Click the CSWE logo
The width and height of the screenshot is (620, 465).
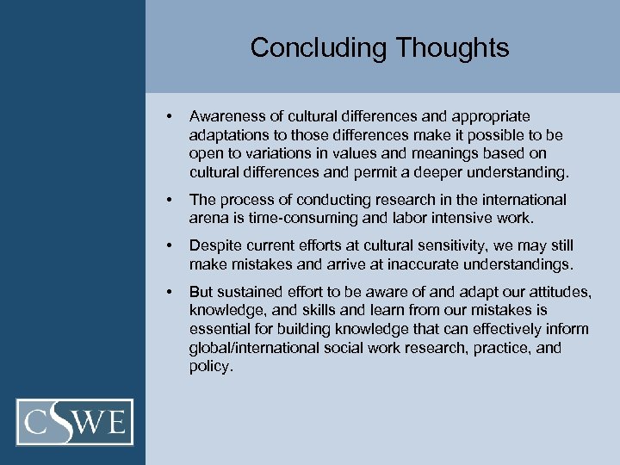pos(75,422)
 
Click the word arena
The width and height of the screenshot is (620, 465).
pos(208,219)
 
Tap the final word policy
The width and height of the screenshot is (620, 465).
pos(210,367)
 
